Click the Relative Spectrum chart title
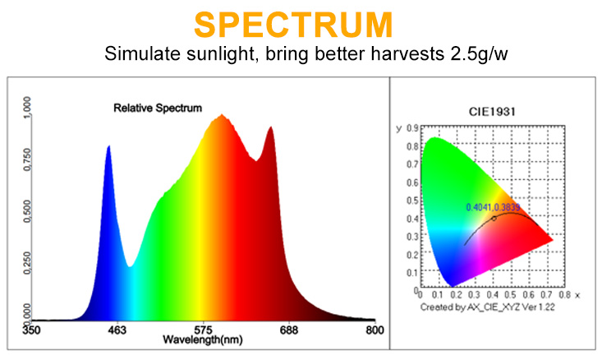pos(157,108)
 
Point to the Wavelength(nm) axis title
pos(200,339)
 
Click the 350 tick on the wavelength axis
pos(30,330)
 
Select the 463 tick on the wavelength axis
pos(117,330)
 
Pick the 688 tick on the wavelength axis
pos(289,330)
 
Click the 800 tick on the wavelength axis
pos(375,330)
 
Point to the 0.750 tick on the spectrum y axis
pos(28,157)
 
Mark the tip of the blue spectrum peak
pos(108,146)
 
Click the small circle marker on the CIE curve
pos(494,219)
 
